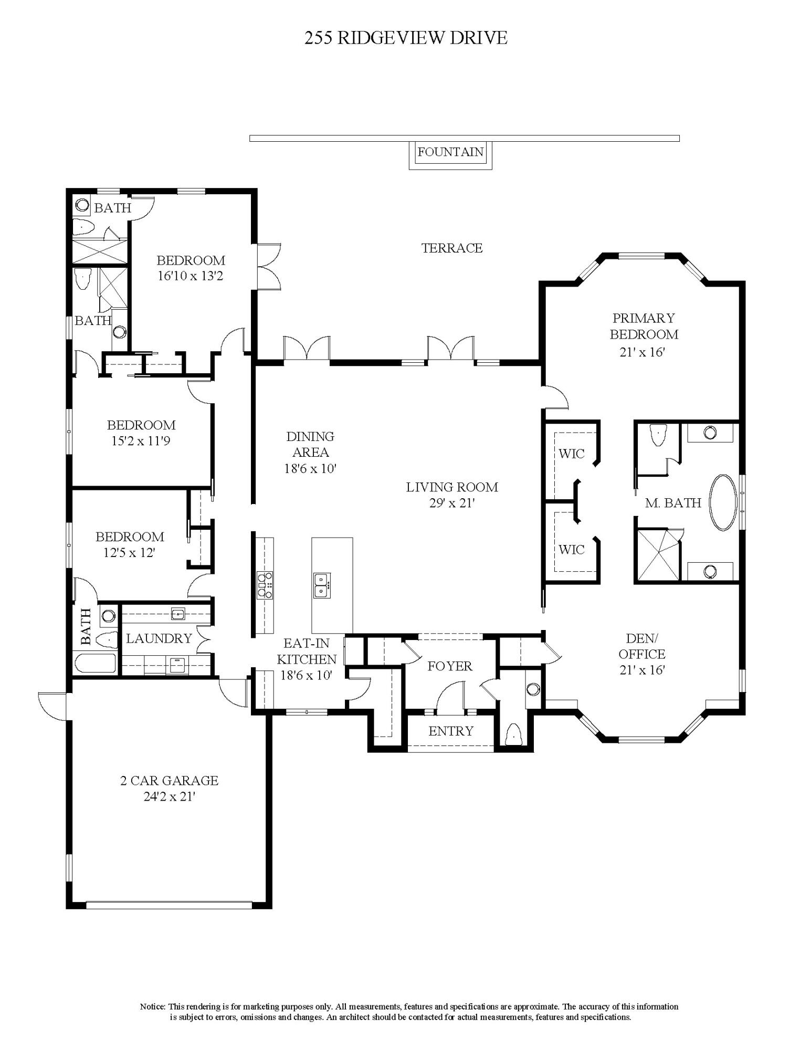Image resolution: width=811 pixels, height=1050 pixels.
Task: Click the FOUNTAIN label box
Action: coord(450,152)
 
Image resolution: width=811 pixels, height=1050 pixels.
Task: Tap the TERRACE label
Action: coord(451,248)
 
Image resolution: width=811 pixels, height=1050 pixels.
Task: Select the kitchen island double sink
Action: coord(322,585)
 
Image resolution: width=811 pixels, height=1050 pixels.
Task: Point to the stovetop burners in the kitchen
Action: coord(265,585)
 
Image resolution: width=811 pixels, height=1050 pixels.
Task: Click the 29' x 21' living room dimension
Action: coord(451,503)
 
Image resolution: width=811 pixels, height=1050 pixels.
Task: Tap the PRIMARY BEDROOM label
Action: coord(644,326)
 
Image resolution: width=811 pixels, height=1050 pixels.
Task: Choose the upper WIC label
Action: coord(571,454)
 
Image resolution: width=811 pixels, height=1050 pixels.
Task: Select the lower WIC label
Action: coord(571,550)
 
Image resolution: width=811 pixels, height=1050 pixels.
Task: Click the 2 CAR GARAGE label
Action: coord(169,781)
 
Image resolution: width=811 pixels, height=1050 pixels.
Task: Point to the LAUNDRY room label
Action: coord(159,638)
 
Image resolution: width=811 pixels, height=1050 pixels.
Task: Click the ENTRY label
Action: coord(450,731)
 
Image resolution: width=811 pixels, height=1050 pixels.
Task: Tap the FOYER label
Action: coord(449,666)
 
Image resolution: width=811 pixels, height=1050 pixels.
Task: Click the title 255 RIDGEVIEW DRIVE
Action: coord(406,38)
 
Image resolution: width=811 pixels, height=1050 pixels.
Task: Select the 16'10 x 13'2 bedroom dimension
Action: coord(191,276)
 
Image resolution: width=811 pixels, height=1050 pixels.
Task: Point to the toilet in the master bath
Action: coord(657,435)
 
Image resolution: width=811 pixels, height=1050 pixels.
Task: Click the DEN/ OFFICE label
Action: coord(641,646)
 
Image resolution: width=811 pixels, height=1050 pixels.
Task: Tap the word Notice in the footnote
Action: coord(153,1006)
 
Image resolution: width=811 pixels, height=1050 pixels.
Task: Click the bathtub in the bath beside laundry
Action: coord(95,664)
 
